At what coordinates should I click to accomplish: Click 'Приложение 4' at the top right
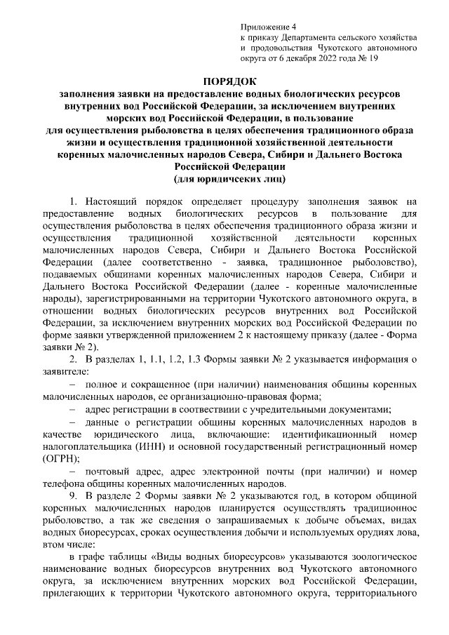click(x=264, y=25)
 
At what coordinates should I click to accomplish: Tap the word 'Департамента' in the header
click(x=310, y=36)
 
